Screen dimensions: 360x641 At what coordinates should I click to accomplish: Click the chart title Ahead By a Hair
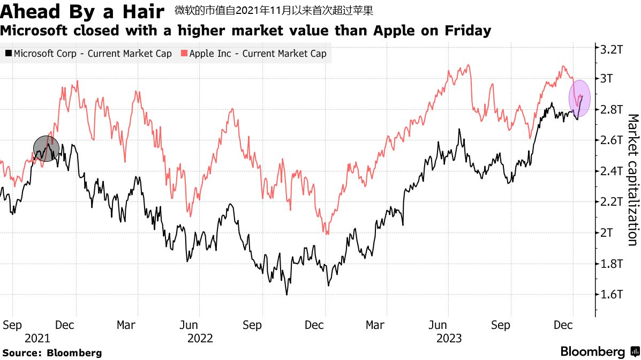coord(81,11)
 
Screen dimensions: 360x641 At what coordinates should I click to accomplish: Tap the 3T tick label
coord(609,79)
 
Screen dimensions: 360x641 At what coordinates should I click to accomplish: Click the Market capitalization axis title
coord(632,179)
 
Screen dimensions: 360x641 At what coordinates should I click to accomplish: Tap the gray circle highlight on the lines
coord(47,148)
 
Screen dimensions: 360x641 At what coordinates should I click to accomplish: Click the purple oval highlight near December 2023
coord(579,98)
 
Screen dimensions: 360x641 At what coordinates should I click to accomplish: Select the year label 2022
coord(200,339)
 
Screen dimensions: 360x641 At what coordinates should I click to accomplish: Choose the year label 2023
coord(449,339)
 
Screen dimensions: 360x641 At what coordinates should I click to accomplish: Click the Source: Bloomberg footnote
coord(51,353)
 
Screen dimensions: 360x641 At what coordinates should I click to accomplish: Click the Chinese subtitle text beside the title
coord(274,10)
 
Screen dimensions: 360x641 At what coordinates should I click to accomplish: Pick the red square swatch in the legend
coord(184,54)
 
